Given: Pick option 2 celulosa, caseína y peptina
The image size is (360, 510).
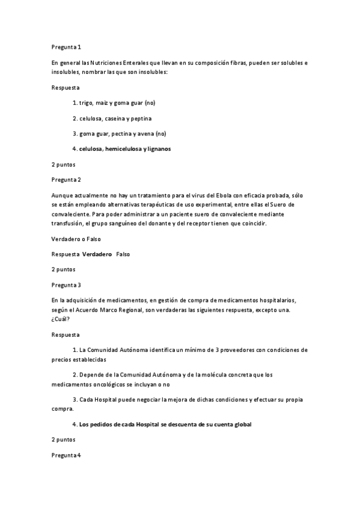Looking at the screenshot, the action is pyautogui.click(x=115, y=118).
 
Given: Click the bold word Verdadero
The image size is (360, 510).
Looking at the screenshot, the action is pyautogui.click(x=97, y=254).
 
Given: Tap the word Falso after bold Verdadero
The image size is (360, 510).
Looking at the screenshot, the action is pyautogui.click(x=123, y=254).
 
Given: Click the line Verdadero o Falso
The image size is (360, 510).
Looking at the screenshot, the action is pyautogui.click(x=75, y=239).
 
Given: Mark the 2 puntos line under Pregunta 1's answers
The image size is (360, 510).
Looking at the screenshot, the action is pyautogui.click(x=64, y=164).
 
